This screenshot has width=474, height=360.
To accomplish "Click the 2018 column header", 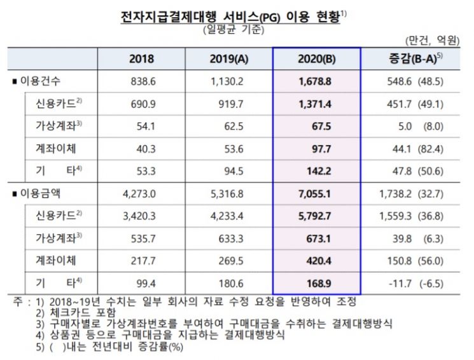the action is pyautogui.click(x=141, y=59).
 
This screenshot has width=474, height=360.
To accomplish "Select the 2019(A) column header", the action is pyautogui.click(x=229, y=59).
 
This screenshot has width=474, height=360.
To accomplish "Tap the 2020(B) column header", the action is pyautogui.click(x=316, y=59).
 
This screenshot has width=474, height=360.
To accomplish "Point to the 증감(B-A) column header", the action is pyautogui.click(x=415, y=59).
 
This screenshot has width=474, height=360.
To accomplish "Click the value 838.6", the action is pyautogui.click(x=143, y=81).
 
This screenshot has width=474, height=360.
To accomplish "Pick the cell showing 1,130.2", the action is pyautogui.click(x=227, y=81).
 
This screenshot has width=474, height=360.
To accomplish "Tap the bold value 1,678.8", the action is pyautogui.click(x=315, y=81).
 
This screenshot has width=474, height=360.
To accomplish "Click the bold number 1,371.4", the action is pyautogui.click(x=315, y=104).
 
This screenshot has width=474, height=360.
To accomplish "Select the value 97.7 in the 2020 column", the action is pyautogui.click(x=321, y=149).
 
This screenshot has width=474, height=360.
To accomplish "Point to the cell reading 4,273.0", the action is pyautogui.click(x=139, y=194).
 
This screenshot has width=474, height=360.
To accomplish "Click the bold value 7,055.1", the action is pyautogui.click(x=314, y=194).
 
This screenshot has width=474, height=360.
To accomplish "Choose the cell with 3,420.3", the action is pyautogui.click(x=139, y=216).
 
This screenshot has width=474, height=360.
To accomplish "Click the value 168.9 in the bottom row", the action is pyautogui.click(x=319, y=284).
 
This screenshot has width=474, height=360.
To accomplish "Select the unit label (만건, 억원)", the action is pyautogui.click(x=431, y=40).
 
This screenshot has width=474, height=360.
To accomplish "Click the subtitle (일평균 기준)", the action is pyautogui.click(x=234, y=30).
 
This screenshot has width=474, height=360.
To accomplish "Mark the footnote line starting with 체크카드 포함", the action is pyautogui.click(x=76, y=312).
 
